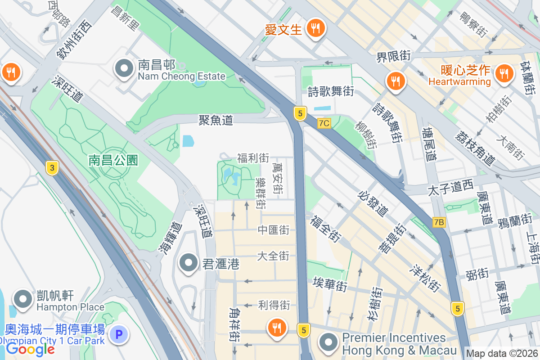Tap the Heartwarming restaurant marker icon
click(504, 73)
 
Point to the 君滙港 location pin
click(189, 263)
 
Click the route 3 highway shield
click(53, 168)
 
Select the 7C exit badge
click(324, 123)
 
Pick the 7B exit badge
click(439, 222)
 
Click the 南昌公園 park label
click(113, 160)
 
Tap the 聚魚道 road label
click(216, 120)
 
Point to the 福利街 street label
click(253, 158)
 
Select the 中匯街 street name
click(273, 230)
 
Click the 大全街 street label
click(273, 256)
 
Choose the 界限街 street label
click(394, 56)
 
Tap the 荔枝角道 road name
click(475, 148)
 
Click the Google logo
click(30, 349)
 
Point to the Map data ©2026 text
click(502, 354)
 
